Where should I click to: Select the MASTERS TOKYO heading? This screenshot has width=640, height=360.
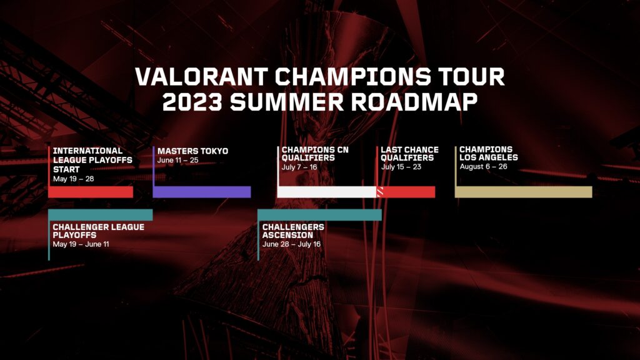(192, 151)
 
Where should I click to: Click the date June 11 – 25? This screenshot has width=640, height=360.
(177, 161)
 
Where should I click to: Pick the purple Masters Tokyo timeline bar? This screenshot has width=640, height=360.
(202, 192)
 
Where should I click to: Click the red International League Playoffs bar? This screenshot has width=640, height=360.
(91, 192)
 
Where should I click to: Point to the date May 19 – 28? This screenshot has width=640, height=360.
(73, 179)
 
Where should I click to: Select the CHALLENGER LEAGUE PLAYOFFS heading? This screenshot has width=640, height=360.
(98, 230)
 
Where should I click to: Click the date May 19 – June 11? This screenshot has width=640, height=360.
(81, 244)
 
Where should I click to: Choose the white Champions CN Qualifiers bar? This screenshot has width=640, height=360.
(326, 192)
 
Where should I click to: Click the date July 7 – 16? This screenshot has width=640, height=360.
(299, 167)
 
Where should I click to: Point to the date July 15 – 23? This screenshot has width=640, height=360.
(401, 167)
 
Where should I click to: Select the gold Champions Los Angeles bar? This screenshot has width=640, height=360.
(523, 192)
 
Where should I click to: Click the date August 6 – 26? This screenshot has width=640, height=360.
(483, 167)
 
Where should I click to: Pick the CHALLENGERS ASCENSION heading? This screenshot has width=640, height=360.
(293, 230)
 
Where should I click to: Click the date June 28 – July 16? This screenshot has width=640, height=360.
(291, 244)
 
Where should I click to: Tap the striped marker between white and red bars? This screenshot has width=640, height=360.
(379, 192)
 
